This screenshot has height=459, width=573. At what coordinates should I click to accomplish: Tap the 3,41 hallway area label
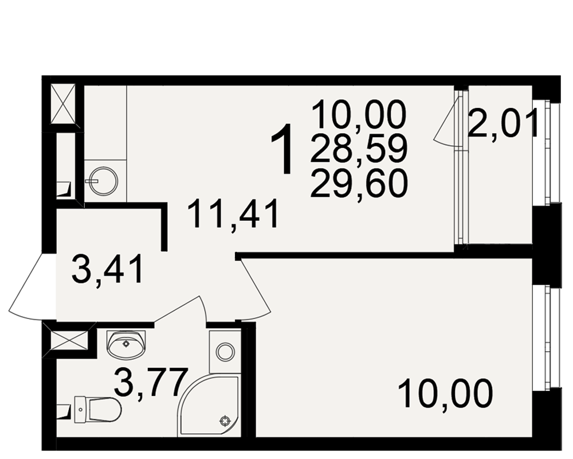point(108,270)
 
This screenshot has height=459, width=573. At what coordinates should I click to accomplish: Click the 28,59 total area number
point(359,149)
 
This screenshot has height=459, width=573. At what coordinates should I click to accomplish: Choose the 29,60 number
point(359,184)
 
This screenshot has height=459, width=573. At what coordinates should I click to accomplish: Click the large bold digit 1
point(282,149)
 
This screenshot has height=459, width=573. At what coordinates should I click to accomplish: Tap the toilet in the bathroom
point(97,410)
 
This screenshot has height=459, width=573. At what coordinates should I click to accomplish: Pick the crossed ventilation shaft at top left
point(63,104)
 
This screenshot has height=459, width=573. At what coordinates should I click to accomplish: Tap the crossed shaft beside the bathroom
point(69,340)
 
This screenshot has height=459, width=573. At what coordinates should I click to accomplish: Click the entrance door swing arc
point(27,287)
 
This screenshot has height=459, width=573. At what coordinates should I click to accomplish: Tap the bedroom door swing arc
point(255,289)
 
